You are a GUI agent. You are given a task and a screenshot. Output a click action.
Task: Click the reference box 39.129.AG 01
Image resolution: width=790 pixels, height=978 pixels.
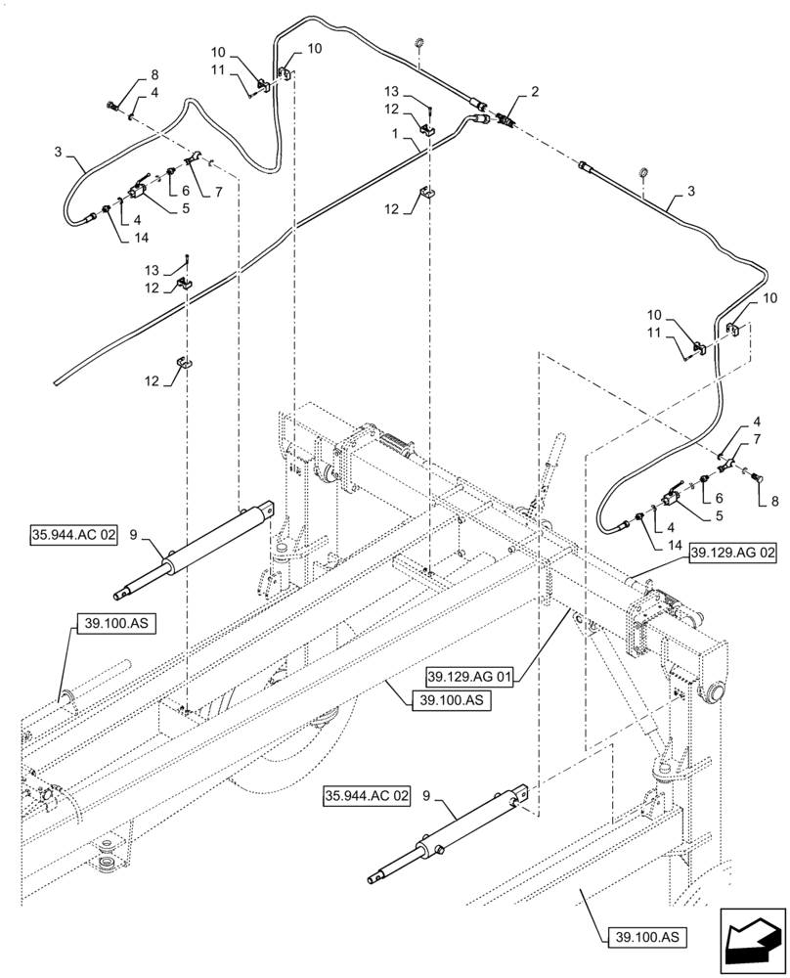tap(469, 676)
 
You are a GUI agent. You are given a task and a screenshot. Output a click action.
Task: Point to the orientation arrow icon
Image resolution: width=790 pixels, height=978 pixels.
tap(753, 940)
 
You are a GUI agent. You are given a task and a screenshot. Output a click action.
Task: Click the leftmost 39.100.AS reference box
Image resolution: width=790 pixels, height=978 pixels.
tap(110, 622)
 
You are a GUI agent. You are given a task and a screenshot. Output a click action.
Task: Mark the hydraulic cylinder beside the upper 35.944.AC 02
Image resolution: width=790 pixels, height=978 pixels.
tap(196, 554)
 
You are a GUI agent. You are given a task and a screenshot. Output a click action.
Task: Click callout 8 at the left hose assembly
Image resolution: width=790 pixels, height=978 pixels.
tap(153, 74)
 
